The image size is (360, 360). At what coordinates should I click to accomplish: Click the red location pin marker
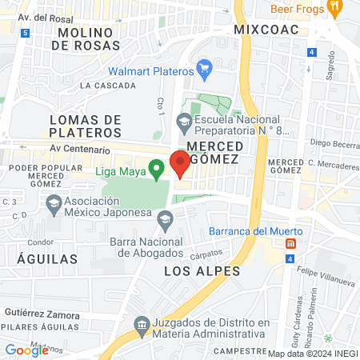tap(180, 163)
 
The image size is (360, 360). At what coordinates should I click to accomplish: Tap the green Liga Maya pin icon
tap(158, 168)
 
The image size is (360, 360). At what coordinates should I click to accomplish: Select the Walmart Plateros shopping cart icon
tap(204, 67)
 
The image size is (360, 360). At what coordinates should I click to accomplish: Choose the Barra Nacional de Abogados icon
tap(165, 218)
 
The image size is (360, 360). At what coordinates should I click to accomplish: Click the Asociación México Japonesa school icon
tap(54, 203)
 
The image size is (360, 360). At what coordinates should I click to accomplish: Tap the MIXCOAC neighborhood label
tap(266, 29)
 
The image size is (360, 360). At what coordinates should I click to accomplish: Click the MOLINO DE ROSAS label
tap(86, 38)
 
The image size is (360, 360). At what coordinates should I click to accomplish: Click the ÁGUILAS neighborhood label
tap(47, 258)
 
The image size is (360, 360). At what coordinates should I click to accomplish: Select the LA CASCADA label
tap(108, 85)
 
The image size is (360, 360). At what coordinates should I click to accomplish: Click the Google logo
tap(26, 350)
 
